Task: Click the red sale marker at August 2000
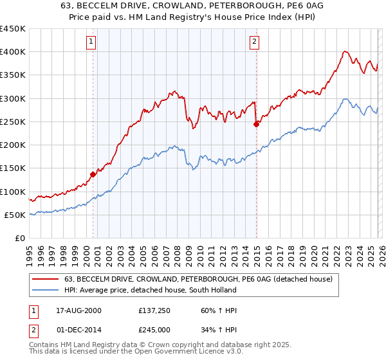(93, 174)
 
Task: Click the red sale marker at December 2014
(256, 124)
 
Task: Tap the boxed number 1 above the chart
(91, 42)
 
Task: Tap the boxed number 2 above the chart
(254, 42)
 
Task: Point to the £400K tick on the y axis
(13, 52)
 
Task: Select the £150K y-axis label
(13, 168)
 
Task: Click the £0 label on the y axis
(19, 239)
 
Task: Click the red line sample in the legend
(46, 279)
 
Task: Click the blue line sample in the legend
(46, 290)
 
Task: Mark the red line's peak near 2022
(345, 51)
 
